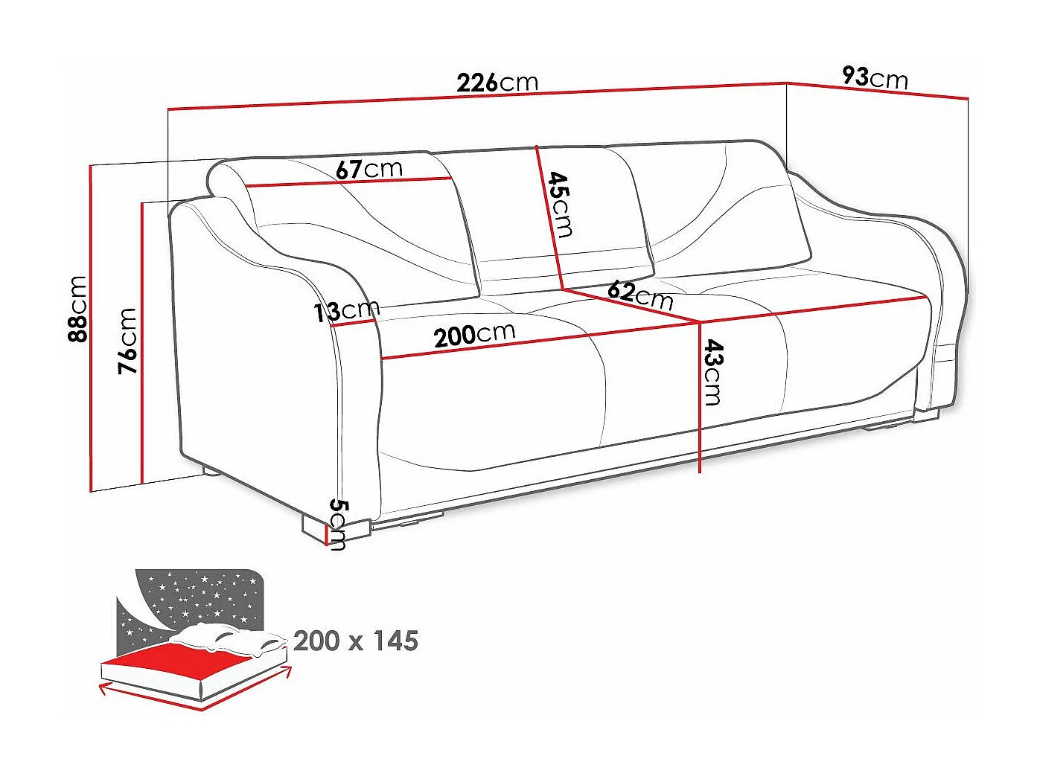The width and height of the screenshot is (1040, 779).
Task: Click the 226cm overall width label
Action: click(x=497, y=82)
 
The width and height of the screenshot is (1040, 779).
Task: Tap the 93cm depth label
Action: click(x=875, y=77)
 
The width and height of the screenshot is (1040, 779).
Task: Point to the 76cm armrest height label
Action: click(x=128, y=340)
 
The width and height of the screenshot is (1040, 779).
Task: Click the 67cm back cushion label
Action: click(x=369, y=169)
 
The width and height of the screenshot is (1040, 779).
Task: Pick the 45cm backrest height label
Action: click(x=561, y=205)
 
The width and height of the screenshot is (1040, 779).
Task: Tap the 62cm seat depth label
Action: click(x=639, y=295)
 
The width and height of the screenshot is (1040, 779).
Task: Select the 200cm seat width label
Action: click(x=474, y=335)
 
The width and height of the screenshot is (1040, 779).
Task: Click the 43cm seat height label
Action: click(x=712, y=373)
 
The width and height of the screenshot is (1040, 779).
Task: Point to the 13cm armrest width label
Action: click(x=346, y=310)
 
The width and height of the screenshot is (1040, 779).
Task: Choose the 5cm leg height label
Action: click(x=338, y=524)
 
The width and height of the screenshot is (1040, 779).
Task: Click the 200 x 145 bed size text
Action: click(x=356, y=641)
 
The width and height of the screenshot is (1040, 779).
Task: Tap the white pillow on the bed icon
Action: click(x=223, y=638)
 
